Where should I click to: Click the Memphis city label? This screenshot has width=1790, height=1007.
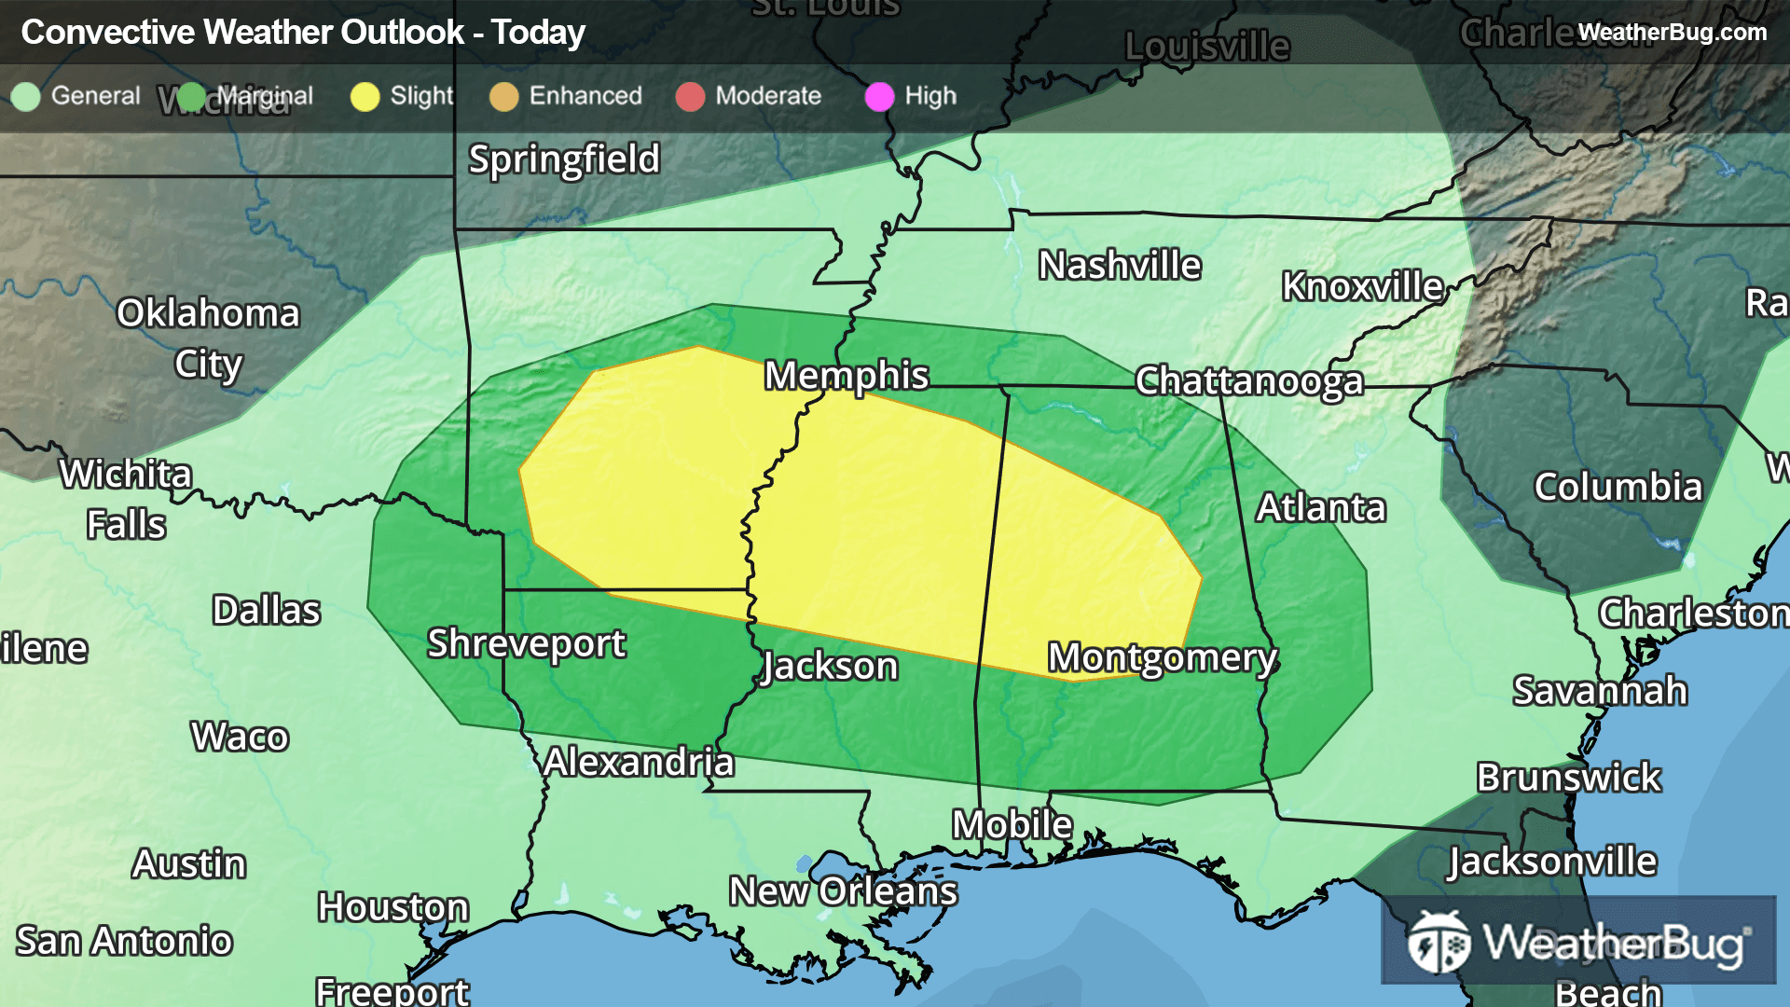coord(846,376)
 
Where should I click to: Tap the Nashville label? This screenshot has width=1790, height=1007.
coord(1120,266)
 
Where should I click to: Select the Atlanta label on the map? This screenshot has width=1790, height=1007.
coord(1320,508)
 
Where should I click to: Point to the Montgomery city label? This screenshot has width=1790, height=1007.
coord(1162,658)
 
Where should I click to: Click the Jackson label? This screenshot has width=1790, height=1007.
coord(830,667)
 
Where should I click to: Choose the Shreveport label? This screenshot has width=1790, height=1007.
coord(526,643)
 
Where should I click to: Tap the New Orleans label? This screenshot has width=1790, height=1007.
coord(843,891)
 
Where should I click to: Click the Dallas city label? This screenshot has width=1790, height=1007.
coord(266,611)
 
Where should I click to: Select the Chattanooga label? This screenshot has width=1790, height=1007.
coord(1249,381)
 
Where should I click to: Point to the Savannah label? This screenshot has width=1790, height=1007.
coord(1599,691)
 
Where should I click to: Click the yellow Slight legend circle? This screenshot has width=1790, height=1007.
coord(365,97)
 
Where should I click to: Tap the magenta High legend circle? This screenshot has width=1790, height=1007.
coord(879,97)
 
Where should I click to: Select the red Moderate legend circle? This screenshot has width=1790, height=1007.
coord(690,97)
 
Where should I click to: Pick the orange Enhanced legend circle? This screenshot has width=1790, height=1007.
coord(503,97)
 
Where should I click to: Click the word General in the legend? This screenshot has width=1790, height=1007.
coord(95,96)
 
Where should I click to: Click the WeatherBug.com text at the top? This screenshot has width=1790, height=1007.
coord(1672,33)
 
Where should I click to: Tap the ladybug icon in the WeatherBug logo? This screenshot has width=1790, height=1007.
coord(1439,944)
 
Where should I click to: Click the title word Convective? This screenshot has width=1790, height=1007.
coord(108,33)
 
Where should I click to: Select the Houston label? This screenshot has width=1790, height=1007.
coord(392,907)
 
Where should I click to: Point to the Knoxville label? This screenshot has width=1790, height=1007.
coord(1361,286)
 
